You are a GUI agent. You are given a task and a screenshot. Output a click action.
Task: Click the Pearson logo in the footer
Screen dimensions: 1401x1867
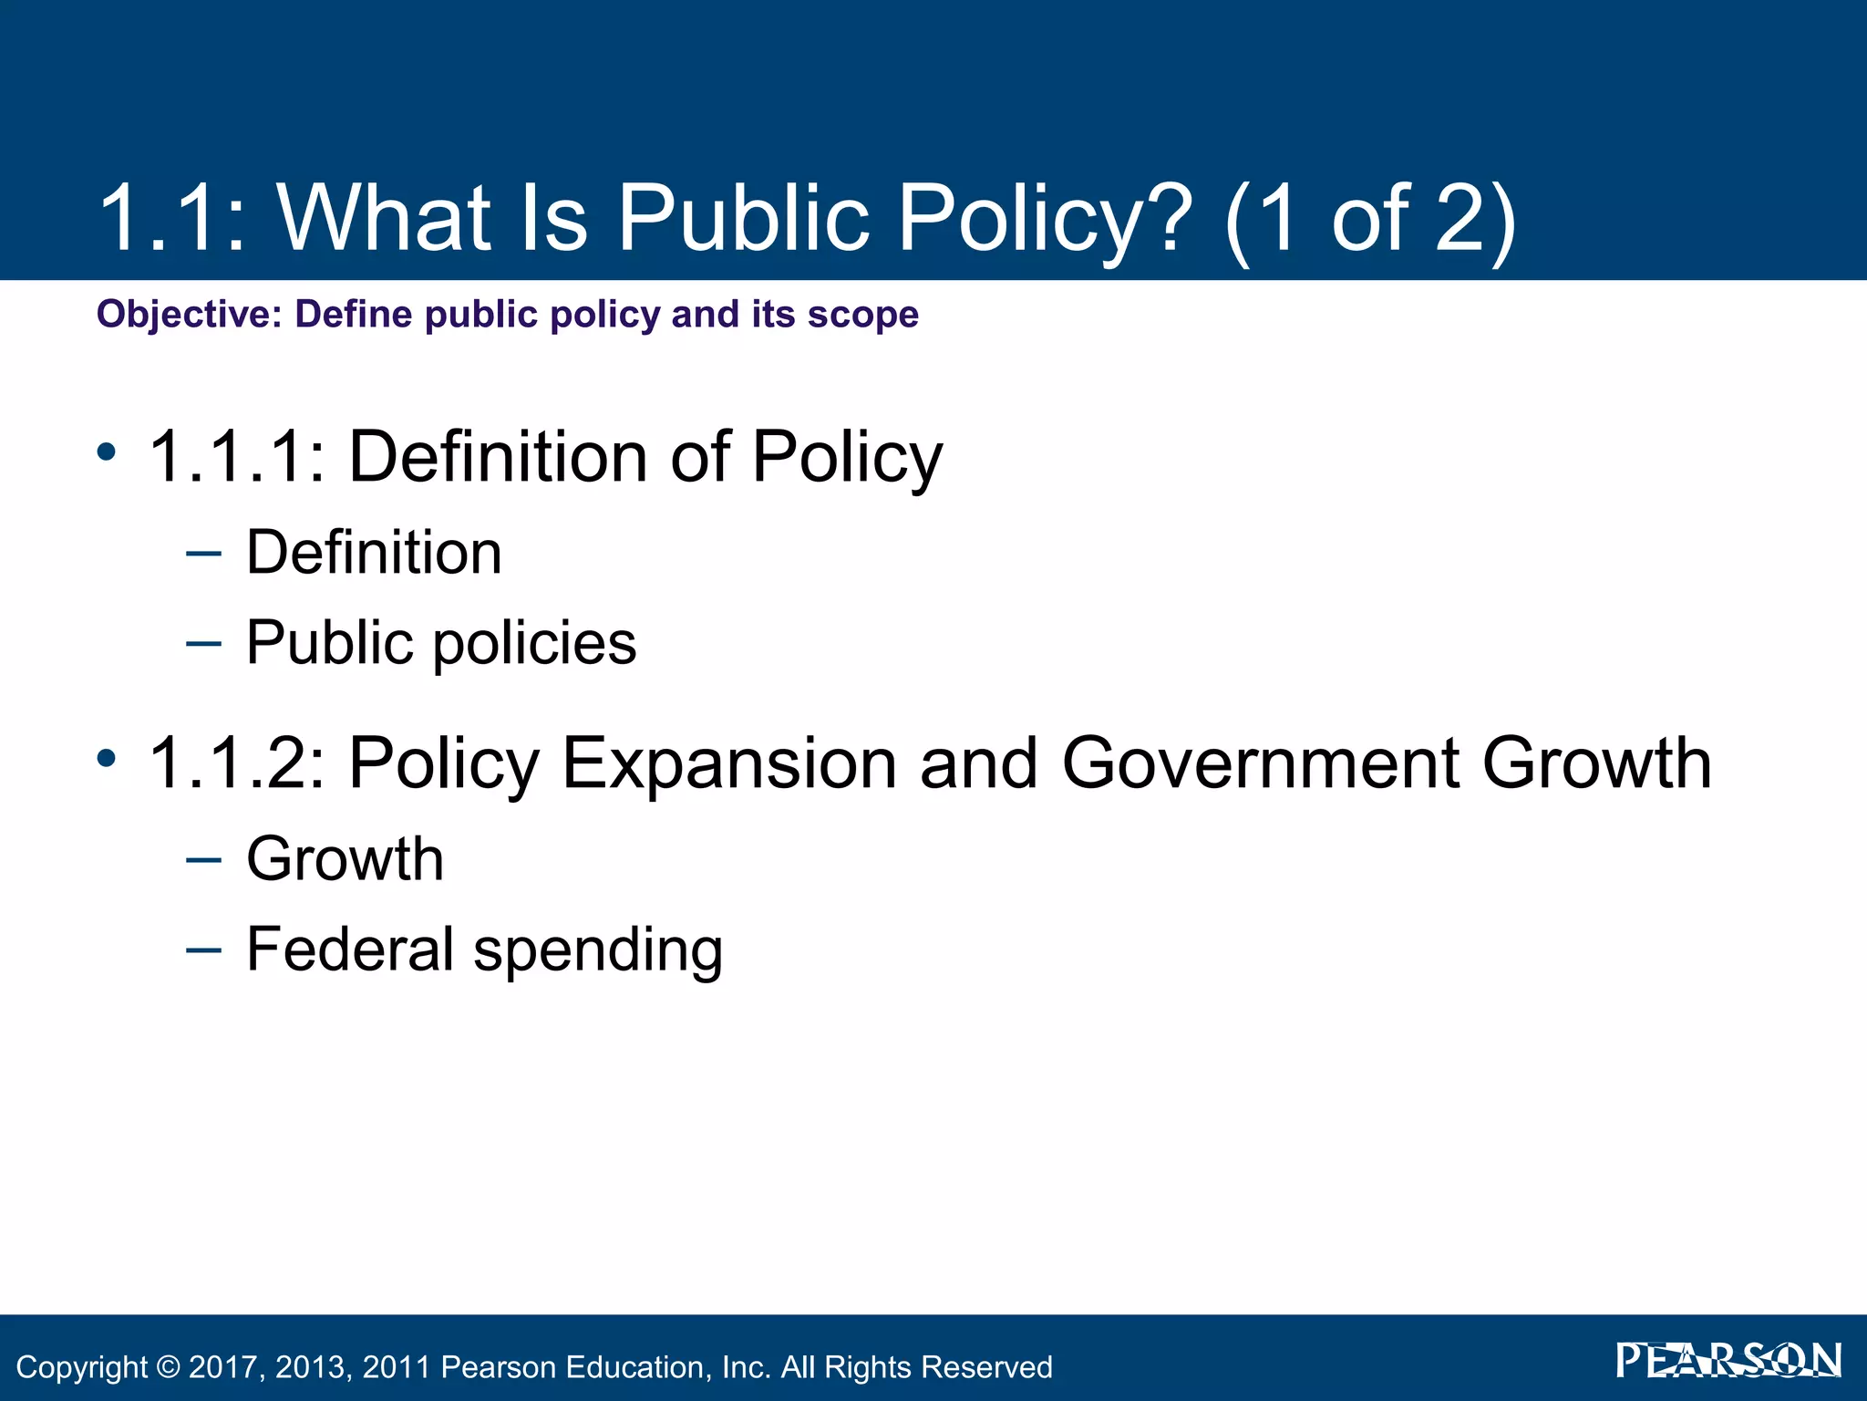point(1728,1362)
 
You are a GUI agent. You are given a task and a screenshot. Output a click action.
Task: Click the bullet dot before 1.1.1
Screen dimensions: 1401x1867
point(107,451)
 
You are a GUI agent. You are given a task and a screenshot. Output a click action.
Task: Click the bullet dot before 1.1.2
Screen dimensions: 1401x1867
point(107,757)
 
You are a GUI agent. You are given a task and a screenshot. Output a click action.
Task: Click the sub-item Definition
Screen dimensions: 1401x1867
point(374,553)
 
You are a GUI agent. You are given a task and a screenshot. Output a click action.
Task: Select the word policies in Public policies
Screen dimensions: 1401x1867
point(534,644)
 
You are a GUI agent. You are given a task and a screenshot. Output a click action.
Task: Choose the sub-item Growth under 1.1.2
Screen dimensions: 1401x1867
point(345,859)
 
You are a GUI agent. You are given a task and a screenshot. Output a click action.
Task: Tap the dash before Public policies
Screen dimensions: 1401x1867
point(202,643)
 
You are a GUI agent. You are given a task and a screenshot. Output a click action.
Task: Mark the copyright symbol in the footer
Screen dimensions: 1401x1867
point(169,1367)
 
